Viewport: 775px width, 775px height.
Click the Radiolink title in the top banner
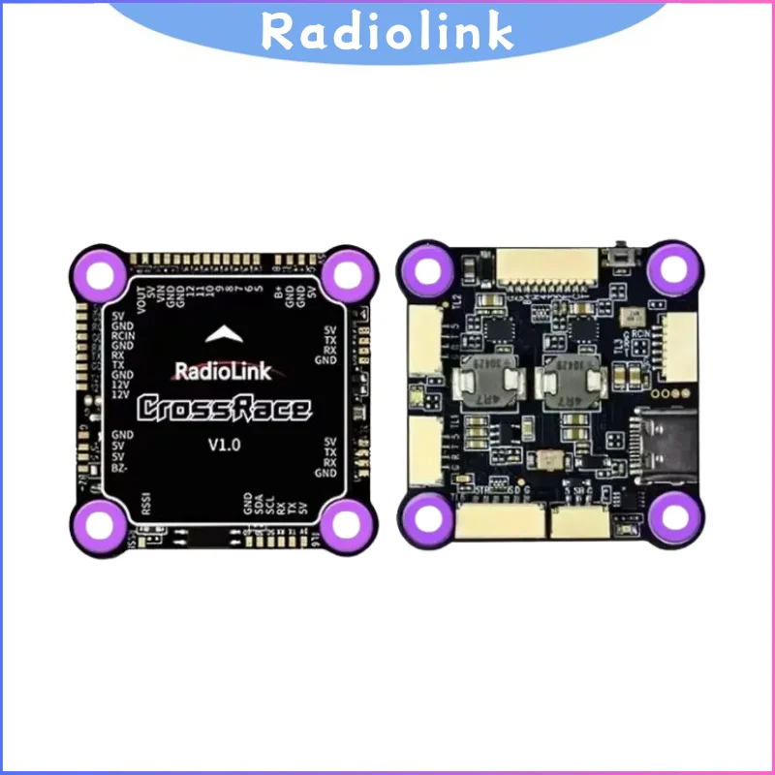coord(387,32)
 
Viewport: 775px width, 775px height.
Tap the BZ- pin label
coord(122,468)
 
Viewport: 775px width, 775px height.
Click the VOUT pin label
coord(141,295)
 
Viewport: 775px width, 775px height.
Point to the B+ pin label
coord(279,292)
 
